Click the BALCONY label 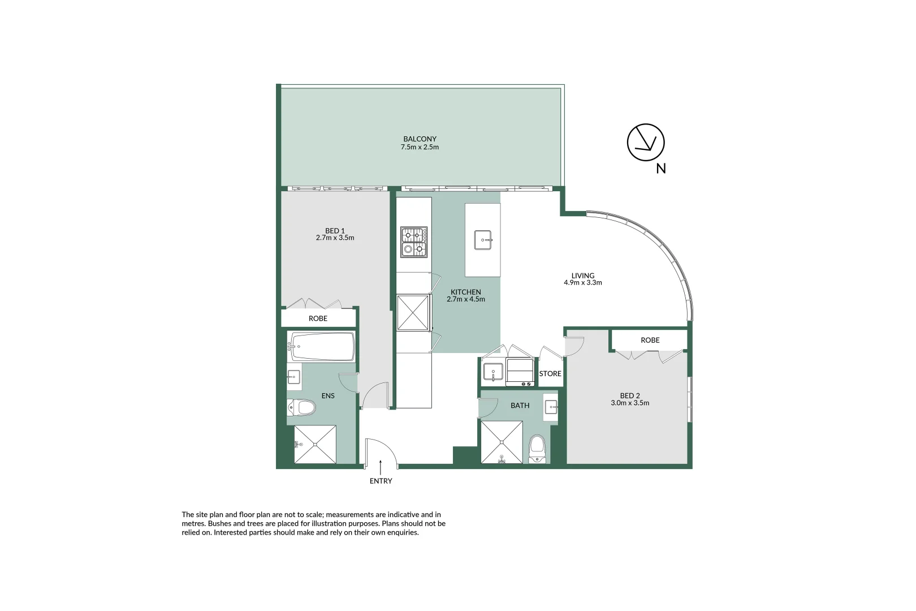click(x=420, y=139)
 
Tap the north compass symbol click(x=645, y=142)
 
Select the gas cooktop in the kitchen click(x=414, y=242)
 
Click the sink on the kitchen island click(x=482, y=240)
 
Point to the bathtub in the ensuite click(x=321, y=346)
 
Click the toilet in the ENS click(x=302, y=407)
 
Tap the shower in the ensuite click(x=315, y=445)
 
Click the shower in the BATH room click(x=502, y=442)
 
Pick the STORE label click(x=550, y=373)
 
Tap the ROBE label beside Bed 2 click(x=650, y=340)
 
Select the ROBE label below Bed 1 click(x=318, y=319)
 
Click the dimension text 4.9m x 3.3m click(x=582, y=283)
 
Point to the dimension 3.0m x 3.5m click(x=630, y=403)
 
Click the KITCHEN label click(x=465, y=292)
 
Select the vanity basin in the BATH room click(x=551, y=406)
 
